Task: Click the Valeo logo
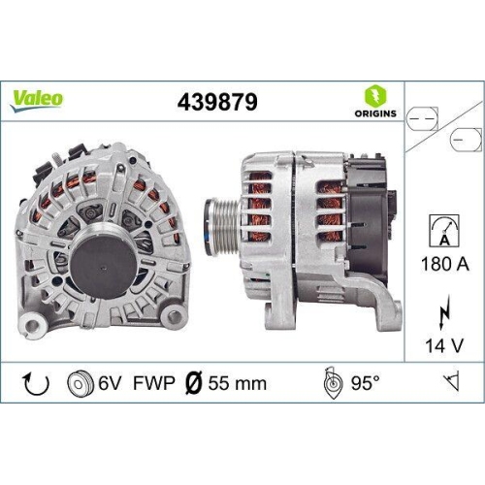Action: click(38, 97)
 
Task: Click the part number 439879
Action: click(218, 100)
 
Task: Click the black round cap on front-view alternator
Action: click(102, 263)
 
